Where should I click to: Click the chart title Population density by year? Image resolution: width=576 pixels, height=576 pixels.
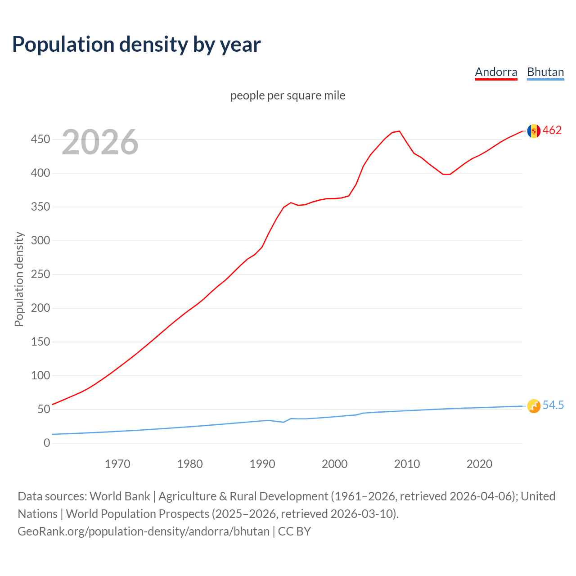[136, 45]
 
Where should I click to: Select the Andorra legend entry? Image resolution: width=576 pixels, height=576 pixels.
[496, 72]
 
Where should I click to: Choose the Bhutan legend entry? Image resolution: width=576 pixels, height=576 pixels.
[545, 72]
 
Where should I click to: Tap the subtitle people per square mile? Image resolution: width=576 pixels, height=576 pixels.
[288, 95]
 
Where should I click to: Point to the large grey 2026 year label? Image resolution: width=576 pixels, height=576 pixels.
[100, 142]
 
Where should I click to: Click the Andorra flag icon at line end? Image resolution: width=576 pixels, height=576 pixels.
[534, 131]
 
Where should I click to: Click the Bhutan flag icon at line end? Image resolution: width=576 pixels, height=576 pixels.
[534, 406]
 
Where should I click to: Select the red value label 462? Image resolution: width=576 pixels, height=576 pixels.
[552, 130]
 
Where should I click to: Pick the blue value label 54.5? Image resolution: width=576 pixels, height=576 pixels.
[553, 405]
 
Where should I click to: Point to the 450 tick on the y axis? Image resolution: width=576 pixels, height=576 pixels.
[40, 139]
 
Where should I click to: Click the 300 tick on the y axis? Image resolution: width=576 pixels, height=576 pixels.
[40, 241]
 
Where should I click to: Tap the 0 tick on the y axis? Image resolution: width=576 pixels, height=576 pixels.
[47, 443]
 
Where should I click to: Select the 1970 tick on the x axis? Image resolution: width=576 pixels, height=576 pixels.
[117, 464]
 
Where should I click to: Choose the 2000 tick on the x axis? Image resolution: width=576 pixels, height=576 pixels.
[334, 464]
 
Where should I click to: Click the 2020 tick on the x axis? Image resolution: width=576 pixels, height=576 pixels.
[479, 464]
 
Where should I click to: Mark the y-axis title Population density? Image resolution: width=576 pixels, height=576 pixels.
[19, 279]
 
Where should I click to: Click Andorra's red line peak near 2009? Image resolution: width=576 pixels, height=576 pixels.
[399, 131]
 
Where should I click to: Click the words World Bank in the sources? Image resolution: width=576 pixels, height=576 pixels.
[120, 496]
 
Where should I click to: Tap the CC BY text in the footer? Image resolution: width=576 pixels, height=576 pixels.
[294, 531]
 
